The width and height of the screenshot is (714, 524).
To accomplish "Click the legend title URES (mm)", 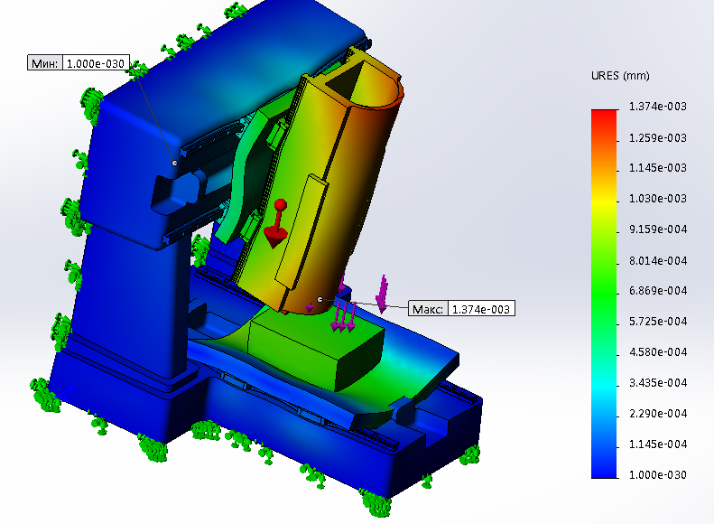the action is coord(620,76).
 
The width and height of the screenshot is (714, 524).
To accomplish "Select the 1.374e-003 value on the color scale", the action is coord(657,107).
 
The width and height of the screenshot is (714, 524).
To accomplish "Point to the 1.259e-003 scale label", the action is coord(657,137).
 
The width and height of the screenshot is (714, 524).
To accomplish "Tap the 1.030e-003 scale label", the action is coord(657,199).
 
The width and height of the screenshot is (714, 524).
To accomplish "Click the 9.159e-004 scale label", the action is coord(657,229).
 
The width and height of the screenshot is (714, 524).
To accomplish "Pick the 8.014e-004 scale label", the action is coord(657,260).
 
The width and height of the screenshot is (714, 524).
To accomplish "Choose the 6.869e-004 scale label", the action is coord(657,291).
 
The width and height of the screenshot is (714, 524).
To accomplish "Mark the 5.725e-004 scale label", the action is coord(657,322).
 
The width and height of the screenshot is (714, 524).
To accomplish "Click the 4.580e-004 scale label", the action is coord(657,352).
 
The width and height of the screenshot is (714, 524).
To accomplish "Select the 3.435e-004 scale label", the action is coord(657,383).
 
